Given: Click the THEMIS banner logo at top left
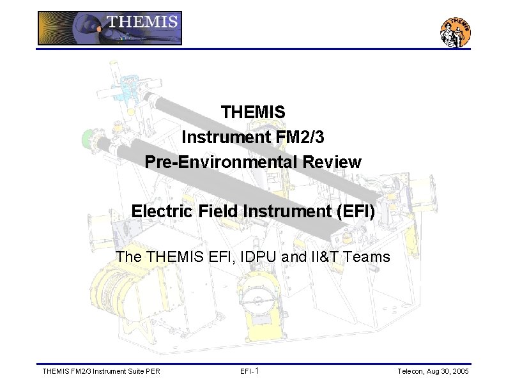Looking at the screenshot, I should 110,28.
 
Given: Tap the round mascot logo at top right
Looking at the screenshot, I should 456,31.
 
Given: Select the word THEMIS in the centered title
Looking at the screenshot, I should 253,112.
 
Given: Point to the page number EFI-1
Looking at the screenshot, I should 249,371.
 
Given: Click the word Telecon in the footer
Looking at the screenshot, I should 413,371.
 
